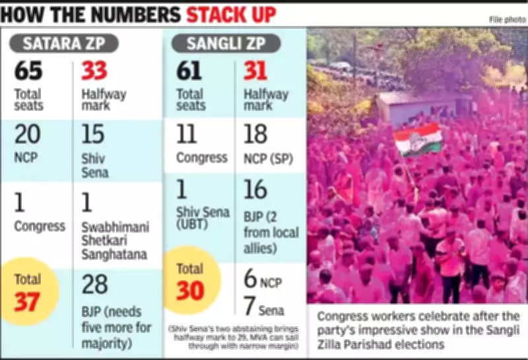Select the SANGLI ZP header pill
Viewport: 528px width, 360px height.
coord(226,44)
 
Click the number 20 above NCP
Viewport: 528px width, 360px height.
coord(28,135)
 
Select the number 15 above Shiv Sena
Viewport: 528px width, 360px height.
coord(92,135)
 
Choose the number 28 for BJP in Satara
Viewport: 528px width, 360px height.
coord(94,285)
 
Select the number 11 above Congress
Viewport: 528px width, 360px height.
coord(187,135)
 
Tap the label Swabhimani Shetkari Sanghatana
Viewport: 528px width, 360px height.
coord(114,241)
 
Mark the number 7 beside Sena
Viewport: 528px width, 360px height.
coord(249,306)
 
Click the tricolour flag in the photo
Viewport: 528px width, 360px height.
coord(417,138)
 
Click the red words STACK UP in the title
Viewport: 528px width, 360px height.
coord(231,15)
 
